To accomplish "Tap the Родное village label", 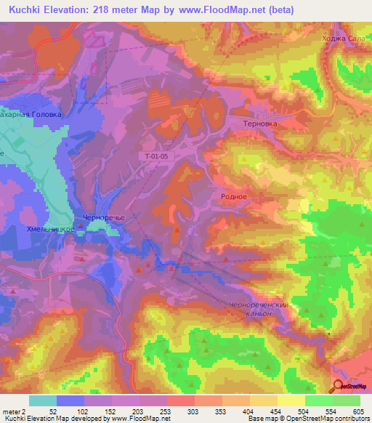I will coord(234,196).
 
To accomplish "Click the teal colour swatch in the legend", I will coord(43,400).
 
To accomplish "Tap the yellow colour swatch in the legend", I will coord(291,400).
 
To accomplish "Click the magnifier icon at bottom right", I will coord(339,387).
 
